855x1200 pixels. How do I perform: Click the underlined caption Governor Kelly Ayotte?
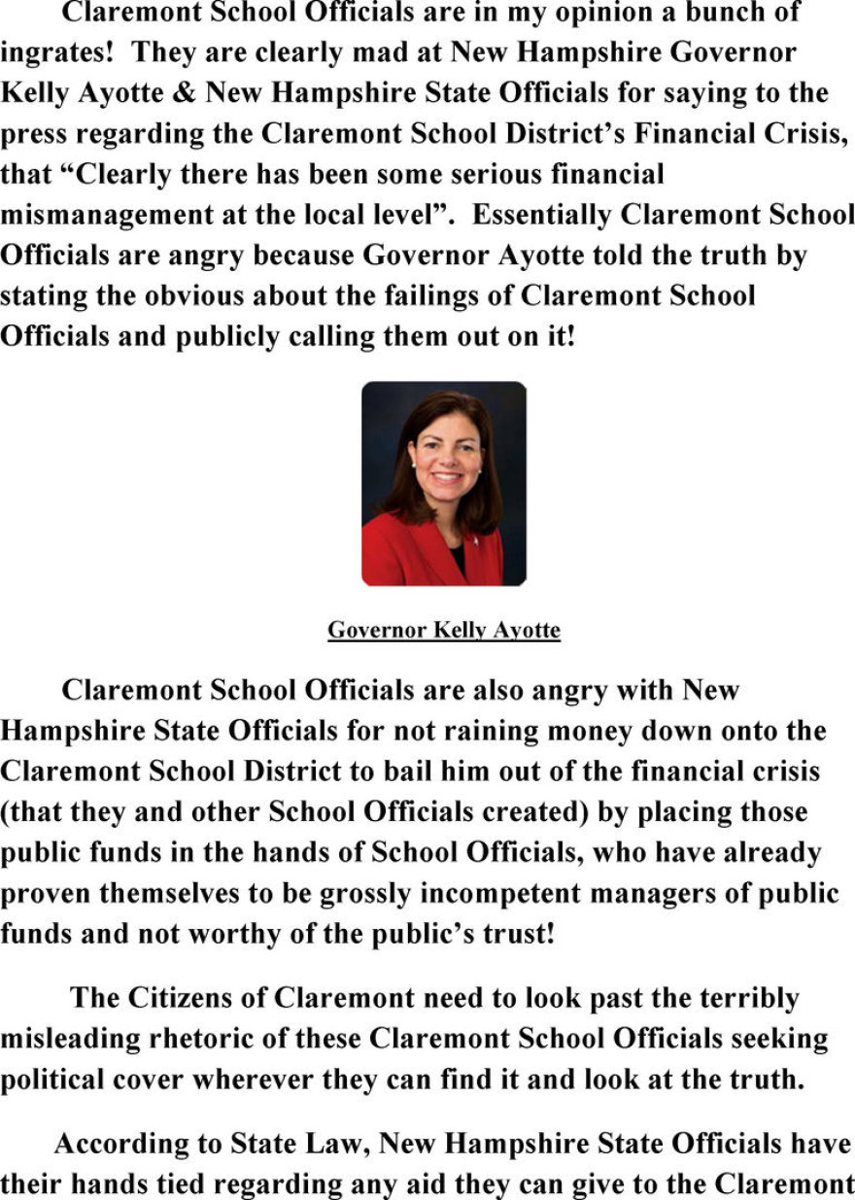(444, 631)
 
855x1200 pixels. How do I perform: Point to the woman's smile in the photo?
(445, 477)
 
